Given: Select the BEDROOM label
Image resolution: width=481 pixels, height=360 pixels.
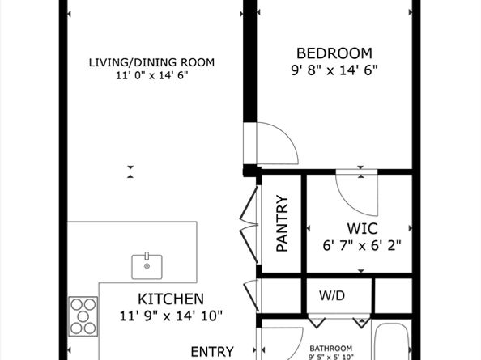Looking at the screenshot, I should [x=334, y=53].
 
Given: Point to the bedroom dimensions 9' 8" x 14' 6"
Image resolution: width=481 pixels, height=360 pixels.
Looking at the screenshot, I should [x=334, y=70].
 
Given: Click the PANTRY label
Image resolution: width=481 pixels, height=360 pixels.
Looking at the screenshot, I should [x=282, y=223].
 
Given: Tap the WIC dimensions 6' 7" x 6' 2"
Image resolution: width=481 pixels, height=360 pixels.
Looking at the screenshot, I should [x=362, y=244].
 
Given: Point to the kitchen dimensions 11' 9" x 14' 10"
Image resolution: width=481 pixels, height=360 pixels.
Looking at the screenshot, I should [x=170, y=315].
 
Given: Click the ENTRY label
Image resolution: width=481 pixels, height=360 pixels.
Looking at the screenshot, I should [x=212, y=351].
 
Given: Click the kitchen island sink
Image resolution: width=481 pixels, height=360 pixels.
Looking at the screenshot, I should [x=147, y=265].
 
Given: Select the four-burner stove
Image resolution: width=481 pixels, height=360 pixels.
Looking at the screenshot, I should [x=83, y=316].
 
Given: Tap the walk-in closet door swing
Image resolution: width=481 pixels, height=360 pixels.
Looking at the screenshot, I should [x=353, y=192].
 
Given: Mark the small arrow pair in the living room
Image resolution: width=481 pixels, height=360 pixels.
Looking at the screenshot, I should [x=130, y=171].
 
